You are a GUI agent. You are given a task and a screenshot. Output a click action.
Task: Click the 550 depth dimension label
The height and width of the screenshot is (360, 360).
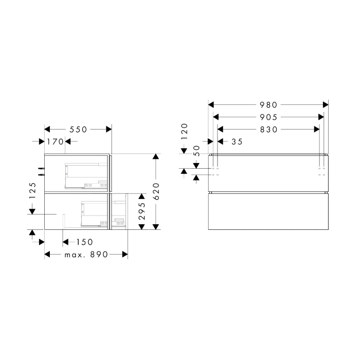click(78, 130)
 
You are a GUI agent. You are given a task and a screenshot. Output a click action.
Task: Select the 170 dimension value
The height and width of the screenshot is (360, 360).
click(55, 141)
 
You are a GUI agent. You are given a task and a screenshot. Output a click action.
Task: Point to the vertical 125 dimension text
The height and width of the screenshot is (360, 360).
click(32, 191)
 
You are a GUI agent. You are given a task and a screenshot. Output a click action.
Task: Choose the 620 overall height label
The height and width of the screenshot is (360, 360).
click(157, 191)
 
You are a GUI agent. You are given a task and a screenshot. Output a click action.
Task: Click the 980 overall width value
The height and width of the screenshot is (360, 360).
click(268, 105)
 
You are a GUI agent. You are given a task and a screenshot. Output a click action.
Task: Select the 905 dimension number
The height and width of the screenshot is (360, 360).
click(268, 117)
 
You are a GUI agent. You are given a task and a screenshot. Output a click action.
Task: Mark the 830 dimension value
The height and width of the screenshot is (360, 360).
click(268, 130)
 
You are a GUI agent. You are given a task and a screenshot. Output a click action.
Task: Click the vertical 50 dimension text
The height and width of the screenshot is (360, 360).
click(196, 151)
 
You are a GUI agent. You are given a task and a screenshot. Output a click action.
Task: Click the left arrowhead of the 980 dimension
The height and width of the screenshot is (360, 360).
click(211, 105)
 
